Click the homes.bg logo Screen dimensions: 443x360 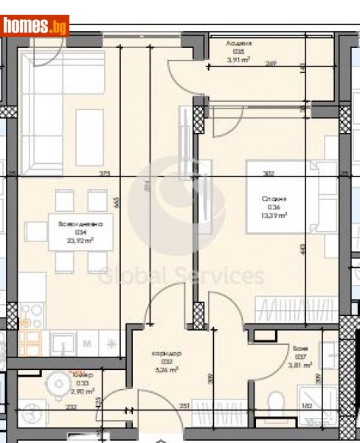(x=35, y=26)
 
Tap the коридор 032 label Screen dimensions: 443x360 (x=166, y=353)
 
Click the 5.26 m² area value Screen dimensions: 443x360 (x=166, y=370)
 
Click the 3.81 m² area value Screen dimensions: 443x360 (x=300, y=365)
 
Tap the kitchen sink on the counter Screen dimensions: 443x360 (x=63, y=342)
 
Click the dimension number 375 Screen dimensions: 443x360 (x=105, y=174)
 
